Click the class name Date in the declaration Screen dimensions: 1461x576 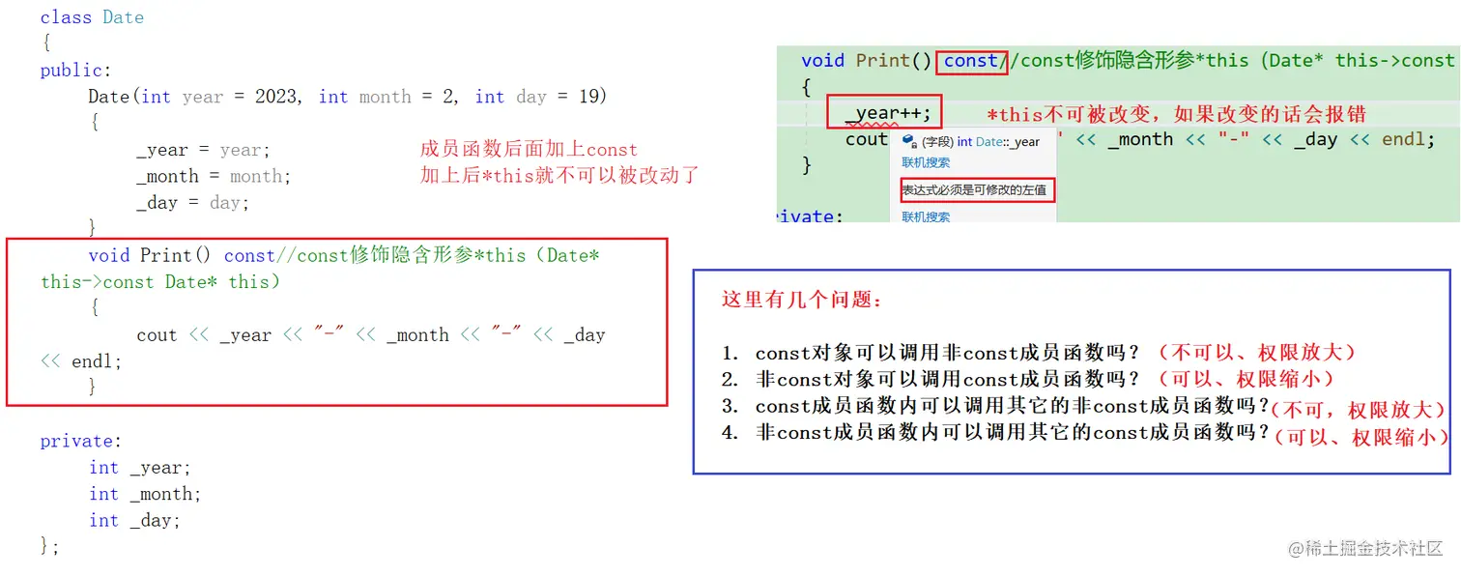point(123,17)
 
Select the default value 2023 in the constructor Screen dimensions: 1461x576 point(276,97)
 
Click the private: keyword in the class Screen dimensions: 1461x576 point(80,442)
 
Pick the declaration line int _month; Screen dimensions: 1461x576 point(145,494)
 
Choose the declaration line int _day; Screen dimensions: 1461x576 point(134,520)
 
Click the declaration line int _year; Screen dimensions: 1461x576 point(140,468)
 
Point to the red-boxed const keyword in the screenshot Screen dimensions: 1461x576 point(971,61)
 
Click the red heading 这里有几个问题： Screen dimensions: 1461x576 point(802,300)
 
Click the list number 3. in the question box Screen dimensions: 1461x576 point(730,406)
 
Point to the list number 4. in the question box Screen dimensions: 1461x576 point(730,433)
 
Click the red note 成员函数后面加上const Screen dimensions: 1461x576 point(529,150)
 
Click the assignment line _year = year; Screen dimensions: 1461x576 point(203,150)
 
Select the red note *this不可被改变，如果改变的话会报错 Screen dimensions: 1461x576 point(1176,115)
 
